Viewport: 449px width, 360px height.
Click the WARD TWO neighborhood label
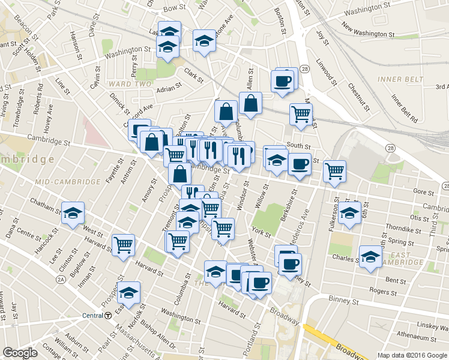point(130,84)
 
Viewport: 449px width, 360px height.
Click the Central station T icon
point(108,316)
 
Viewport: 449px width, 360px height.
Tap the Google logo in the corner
point(20,353)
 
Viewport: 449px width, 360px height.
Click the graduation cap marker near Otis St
point(349,212)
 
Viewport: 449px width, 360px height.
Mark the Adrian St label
point(169,88)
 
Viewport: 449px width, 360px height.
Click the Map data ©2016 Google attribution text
point(412,355)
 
